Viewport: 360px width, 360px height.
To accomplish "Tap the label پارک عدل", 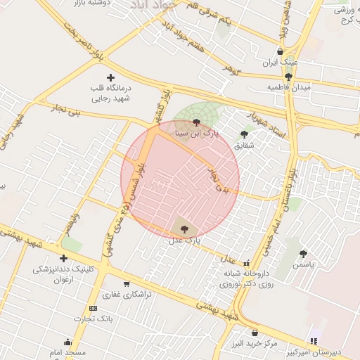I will pyautogui.click(x=185, y=240).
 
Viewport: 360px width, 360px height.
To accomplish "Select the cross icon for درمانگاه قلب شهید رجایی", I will pyautogui.click(x=110, y=77).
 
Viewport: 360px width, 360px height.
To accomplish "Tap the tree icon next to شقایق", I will pyautogui.click(x=244, y=134).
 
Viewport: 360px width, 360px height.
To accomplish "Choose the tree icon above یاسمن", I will pyautogui.click(x=303, y=255).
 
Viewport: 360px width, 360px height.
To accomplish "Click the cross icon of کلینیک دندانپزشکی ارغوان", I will pyautogui.click(x=64, y=258).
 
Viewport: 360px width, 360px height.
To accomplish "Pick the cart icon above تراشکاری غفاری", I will pyautogui.click(x=127, y=284).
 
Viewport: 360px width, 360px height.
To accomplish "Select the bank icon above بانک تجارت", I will pyautogui.click(x=93, y=309).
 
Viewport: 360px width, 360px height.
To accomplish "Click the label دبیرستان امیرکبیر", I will pyautogui.click(x=331, y=352).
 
